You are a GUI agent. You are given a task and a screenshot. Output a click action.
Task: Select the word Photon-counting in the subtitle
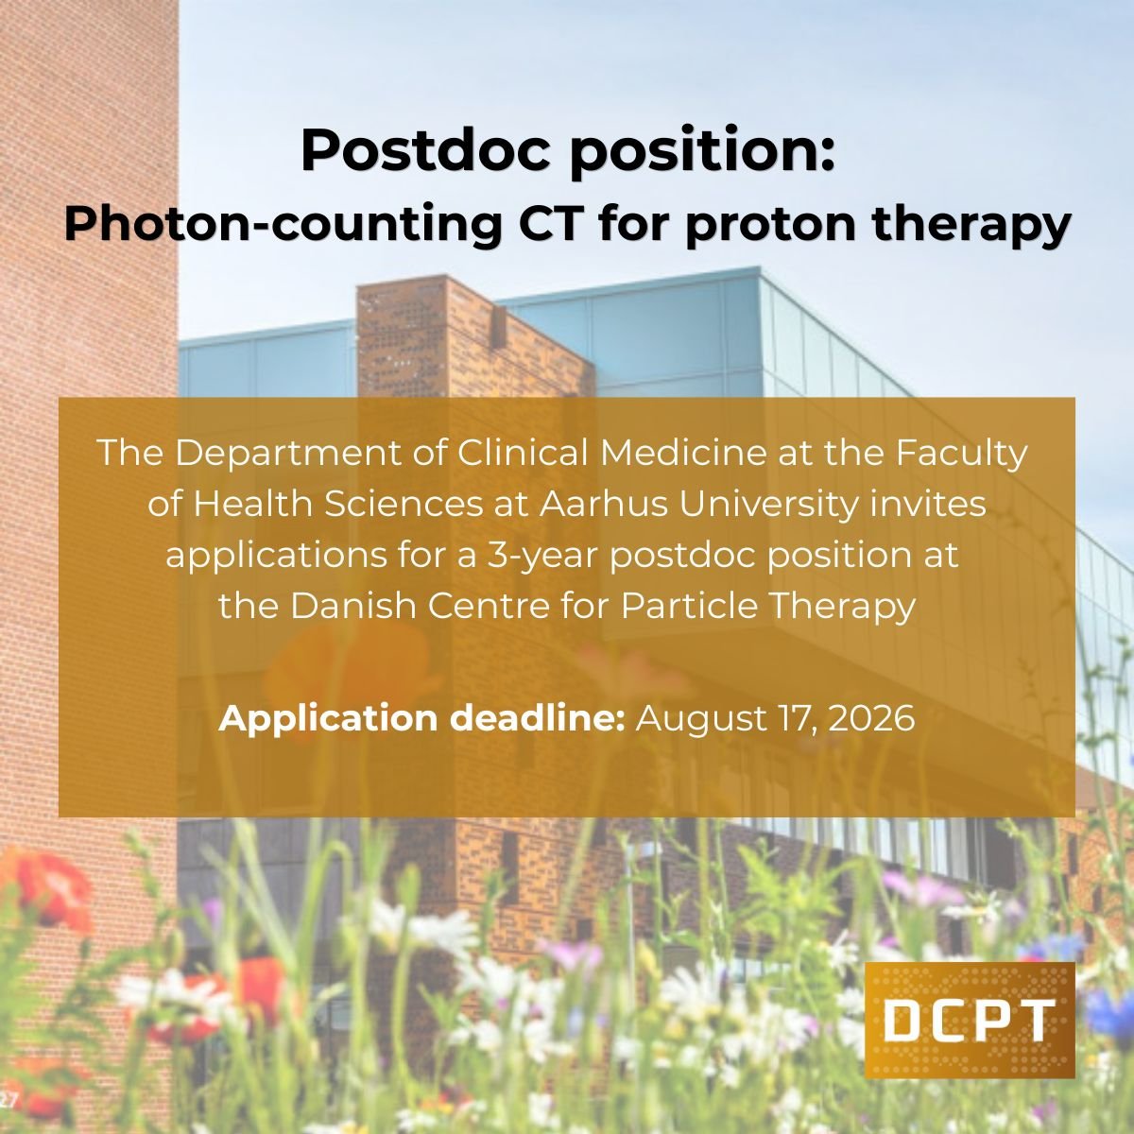click(282, 224)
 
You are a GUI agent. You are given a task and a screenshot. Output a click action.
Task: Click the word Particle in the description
click(689, 606)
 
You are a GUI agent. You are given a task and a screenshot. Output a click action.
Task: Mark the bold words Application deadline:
click(421, 718)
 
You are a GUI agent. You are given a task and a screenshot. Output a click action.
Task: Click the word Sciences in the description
click(403, 505)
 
